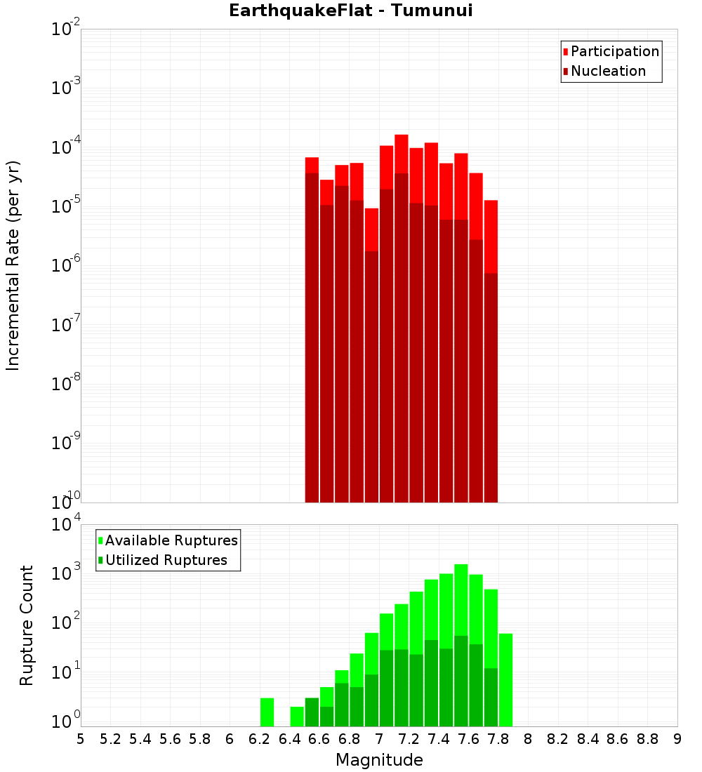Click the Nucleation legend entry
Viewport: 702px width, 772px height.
(x=608, y=71)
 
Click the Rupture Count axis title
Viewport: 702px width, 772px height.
(x=27, y=625)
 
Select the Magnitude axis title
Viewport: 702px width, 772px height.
(x=379, y=760)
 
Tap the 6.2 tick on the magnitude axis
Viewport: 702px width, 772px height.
(x=260, y=739)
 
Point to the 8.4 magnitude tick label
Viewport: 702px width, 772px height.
(x=588, y=739)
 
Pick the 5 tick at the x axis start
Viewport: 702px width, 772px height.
(x=81, y=739)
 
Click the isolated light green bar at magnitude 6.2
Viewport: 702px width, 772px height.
(x=267, y=712)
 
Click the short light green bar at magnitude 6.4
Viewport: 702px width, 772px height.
(x=297, y=717)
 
